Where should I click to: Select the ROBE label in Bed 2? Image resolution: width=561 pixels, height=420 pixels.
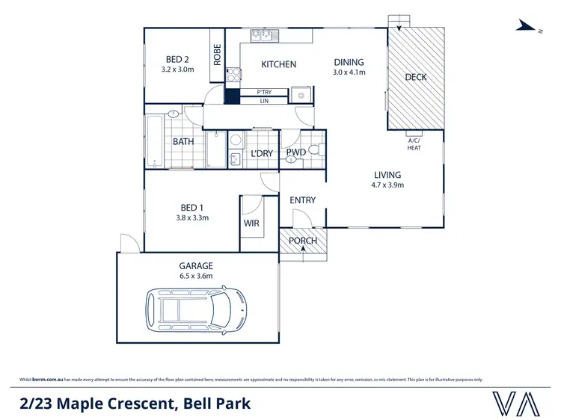tap(218, 55)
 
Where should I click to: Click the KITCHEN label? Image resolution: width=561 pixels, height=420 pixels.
tap(278, 64)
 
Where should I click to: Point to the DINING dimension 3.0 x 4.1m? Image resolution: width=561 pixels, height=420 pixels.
tap(348, 72)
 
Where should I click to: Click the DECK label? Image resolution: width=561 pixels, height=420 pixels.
tap(415, 76)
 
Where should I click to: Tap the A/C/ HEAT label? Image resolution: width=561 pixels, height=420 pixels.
tap(414, 144)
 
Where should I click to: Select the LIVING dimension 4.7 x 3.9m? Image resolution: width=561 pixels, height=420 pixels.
tap(388, 185)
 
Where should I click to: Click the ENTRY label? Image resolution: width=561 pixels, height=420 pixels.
tap(302, 200)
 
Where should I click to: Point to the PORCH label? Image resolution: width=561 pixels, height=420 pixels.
tap(303, 241)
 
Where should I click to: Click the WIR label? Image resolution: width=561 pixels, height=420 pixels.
tap(251, 223)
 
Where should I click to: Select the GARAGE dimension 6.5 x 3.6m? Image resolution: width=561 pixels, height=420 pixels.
tap(195, 276)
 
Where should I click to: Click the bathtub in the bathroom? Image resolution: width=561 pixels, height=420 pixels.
tap(155, 141)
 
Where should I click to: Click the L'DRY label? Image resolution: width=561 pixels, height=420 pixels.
tap(261, 154)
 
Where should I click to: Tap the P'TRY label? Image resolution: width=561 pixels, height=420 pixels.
tap(263, 92)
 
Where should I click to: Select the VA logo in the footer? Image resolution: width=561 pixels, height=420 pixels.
tap(516, 404)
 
